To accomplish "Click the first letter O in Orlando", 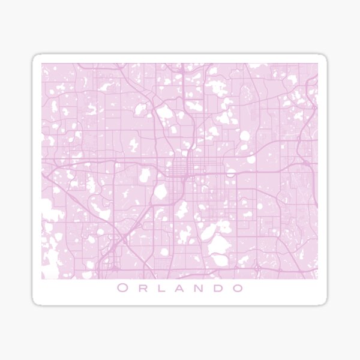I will tap(122, 288).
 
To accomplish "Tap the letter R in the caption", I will tap(142, 288).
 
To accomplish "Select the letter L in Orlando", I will tap(160, 288).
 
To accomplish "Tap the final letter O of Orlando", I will tap(238, 288).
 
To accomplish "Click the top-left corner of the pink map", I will tap(42, 64).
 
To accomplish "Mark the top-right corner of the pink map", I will tap(317, 64).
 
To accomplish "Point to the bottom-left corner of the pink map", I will tap(42, 279).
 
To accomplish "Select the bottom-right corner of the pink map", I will tap(317, 279).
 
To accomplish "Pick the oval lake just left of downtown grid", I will tap(160, 193).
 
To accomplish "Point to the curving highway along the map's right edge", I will tap(309, 120).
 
